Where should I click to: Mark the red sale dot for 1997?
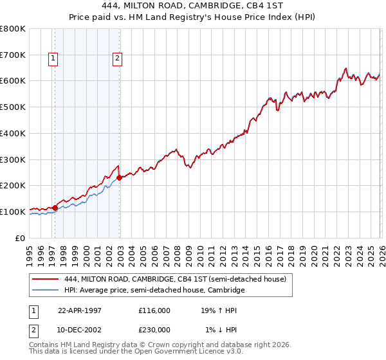[55, 207]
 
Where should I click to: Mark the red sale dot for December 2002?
[120, 177]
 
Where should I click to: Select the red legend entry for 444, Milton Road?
[179, 279]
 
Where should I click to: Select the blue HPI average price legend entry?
[154, 291]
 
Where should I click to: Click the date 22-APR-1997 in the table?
[80, 310]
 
